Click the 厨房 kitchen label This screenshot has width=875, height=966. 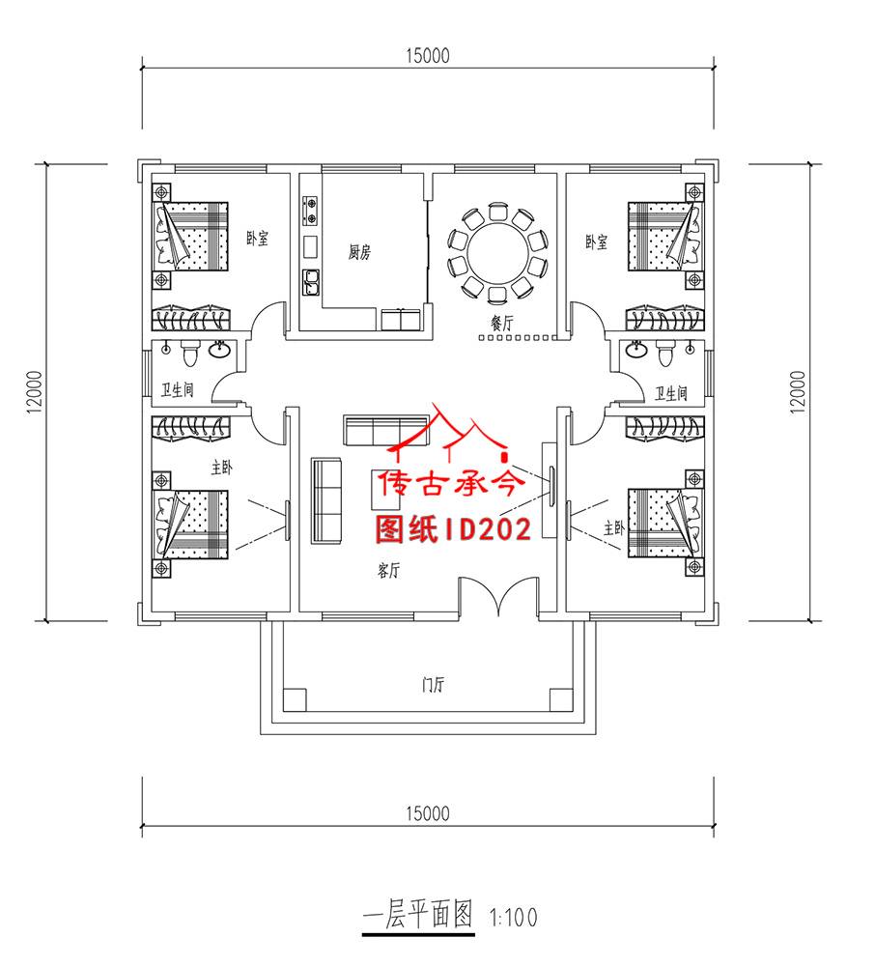pyautogui.click(x=359, y=253)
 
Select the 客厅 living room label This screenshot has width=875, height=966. pyautogui.click(x=387, y=571)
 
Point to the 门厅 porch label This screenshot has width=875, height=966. pyautogui.click(x=433, y=686)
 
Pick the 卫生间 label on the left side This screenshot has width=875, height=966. pyautogui.click(x=178, y=390)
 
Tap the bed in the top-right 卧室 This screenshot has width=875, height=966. pyautogui.click(x=664, y=236)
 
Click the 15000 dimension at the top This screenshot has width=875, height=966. pyautogui.click(x=428, y=56)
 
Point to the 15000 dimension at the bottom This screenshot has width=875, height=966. pyautogui.click(x=428, y=813)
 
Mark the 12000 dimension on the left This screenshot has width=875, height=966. pyautogui.click(x=35, y=392)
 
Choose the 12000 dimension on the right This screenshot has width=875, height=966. pyautogui.click(x=798, y=392)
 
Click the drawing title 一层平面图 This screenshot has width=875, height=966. pyautogui.click(x=417, y=913)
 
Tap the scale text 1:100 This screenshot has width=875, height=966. pyautogui.click(x=513, y=915)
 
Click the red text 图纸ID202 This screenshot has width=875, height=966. pyautogui.click(x=453, y=528)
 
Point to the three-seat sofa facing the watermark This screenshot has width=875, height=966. pyautogui.click(x=327, y=498)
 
